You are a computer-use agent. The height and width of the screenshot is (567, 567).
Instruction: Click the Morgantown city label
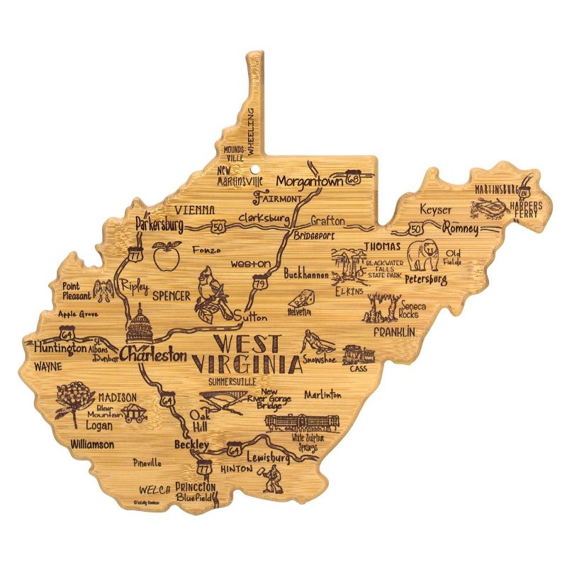pyautogui.click(x=309, y=181)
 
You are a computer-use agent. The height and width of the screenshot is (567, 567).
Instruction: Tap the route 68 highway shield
pyautogui.click(x=353, y=181)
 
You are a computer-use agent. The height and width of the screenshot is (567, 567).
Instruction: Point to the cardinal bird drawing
pyautogui.click(x=210, y=291)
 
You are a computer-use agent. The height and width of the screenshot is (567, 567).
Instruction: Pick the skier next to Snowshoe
pyautogui.click(x=315, y=343)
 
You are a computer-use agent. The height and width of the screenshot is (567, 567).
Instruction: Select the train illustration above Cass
pyautogui.click(x=356, y=354)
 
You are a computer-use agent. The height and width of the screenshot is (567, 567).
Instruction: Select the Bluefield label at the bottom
pyautogui.click(x=193, y=498)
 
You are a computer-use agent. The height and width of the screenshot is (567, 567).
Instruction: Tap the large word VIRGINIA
pyautogui.click(x=245, y=365)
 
